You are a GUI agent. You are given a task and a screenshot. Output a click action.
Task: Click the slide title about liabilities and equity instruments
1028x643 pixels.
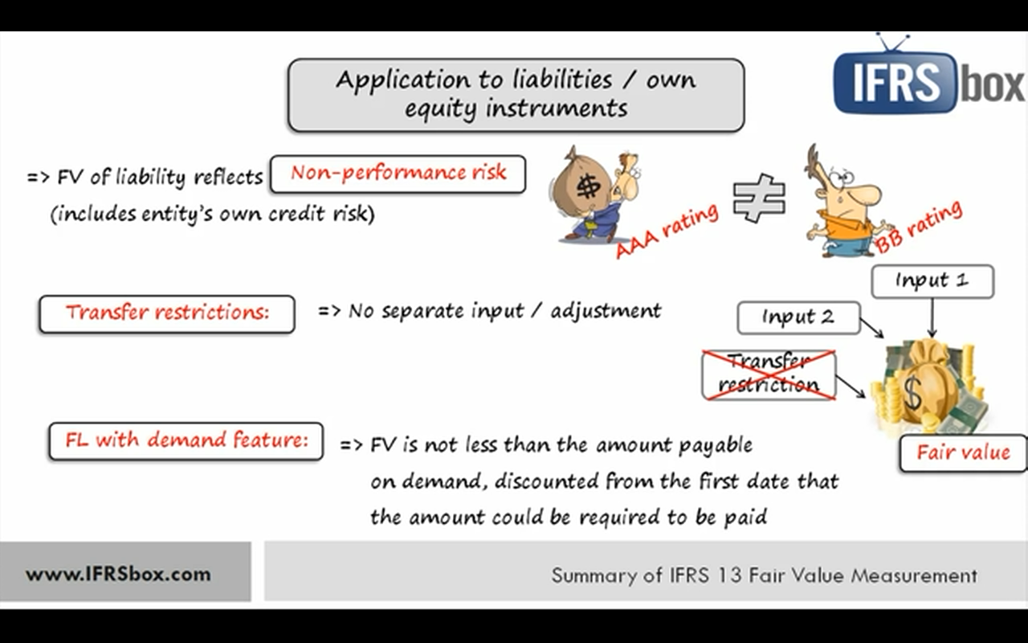516,94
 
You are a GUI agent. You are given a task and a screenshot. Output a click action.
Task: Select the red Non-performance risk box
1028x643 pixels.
398,174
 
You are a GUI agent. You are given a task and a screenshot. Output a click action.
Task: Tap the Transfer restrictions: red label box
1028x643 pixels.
167,313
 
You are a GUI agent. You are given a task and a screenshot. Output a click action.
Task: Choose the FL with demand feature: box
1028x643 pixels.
186,440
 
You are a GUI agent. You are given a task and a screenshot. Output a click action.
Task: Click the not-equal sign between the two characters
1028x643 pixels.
758,197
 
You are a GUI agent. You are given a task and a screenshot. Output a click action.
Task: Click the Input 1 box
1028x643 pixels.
932,281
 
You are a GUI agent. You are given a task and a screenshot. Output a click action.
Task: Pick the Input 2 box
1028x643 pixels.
798,317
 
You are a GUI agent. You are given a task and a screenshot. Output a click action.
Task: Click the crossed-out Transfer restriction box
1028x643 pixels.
769,375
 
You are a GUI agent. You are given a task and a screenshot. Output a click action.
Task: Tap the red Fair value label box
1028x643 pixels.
962,453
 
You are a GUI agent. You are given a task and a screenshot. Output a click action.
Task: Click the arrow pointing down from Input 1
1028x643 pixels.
932,318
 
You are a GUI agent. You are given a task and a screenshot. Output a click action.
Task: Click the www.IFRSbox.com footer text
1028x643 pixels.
117,575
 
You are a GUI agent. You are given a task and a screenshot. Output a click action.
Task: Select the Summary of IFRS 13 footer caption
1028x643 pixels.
763,575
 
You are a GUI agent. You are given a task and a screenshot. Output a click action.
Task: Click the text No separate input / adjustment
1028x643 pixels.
504,311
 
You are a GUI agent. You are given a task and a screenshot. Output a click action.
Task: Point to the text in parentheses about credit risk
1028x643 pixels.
213,215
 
